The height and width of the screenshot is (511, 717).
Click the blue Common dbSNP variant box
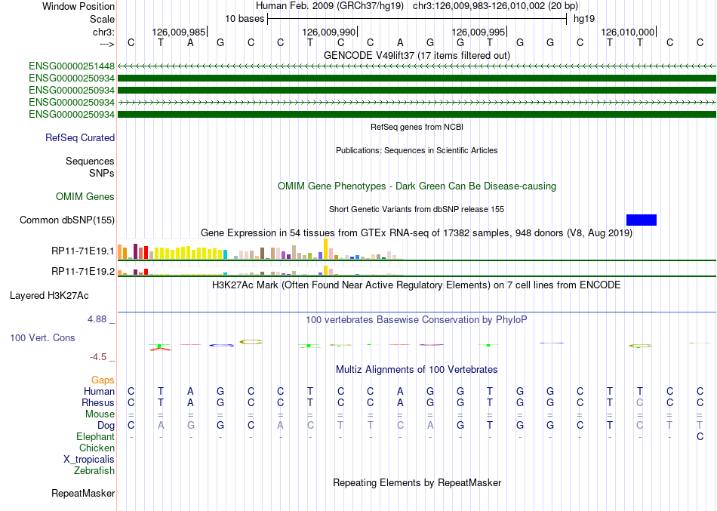[641, 220]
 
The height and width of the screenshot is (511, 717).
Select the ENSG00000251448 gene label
[72, 66]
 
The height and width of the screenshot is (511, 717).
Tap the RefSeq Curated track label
[80, 137]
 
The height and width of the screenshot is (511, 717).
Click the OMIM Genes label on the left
[85, 197]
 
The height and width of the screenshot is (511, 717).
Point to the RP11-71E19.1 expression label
[83, 251]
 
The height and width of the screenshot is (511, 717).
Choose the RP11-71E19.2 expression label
[83, 272]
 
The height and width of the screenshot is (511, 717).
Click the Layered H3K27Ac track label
[49, 296]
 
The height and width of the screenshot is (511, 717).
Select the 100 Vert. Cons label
[42, 338]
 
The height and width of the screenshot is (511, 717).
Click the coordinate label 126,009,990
[329, 32]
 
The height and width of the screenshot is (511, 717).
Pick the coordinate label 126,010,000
[628, 32]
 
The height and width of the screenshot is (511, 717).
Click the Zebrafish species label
[94, 471]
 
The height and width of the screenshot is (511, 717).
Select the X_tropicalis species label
[89, 460]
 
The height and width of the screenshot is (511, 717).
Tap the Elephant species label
[96, 437]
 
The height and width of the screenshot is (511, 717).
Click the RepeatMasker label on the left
[83, 494]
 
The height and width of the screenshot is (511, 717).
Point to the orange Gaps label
[103, 380]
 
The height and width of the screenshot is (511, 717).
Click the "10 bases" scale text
[245, 19]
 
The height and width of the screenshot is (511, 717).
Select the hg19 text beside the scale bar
[584, 19]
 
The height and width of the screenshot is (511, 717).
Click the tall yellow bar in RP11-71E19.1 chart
[325, 249]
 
